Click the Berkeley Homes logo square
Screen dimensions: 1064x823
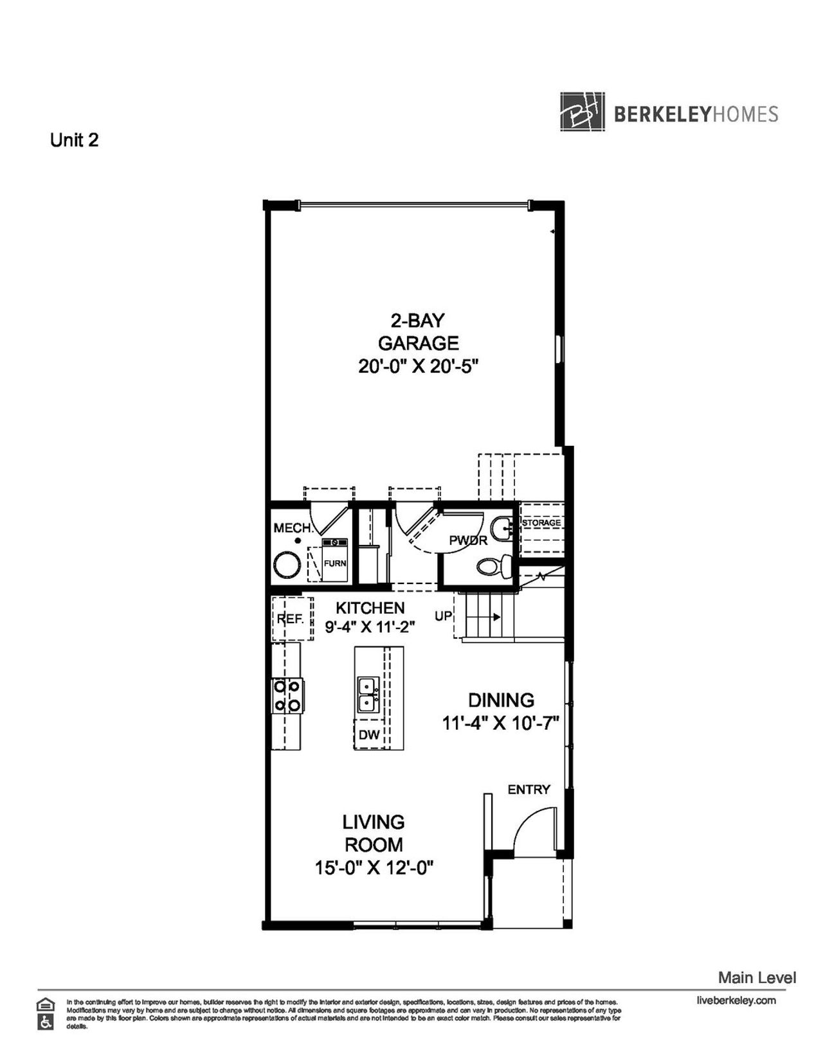tap(582, 112)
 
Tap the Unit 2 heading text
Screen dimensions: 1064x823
tap(75, 140)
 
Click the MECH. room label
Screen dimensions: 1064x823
tap(293, 528)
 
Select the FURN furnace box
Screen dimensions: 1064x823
tap(334, 562)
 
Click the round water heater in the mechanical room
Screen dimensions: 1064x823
tap(287, 566)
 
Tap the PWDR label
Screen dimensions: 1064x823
tap(468, 541)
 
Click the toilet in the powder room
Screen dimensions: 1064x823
tap(493, 565)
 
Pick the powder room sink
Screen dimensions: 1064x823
tap(501, 529)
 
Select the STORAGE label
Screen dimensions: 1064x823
tap(541, 523)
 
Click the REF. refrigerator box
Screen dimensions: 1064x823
tap(291, 619)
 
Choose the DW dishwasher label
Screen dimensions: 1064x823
tap(369, 735)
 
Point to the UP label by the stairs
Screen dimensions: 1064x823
tap(444, 616)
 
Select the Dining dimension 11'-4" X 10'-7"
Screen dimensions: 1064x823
tap(500, 723)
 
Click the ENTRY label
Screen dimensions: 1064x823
tap(529, 789)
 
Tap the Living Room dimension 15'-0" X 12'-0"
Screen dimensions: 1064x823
tap(374, 868)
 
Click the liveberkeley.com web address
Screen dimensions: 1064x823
tap(736, 1000)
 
